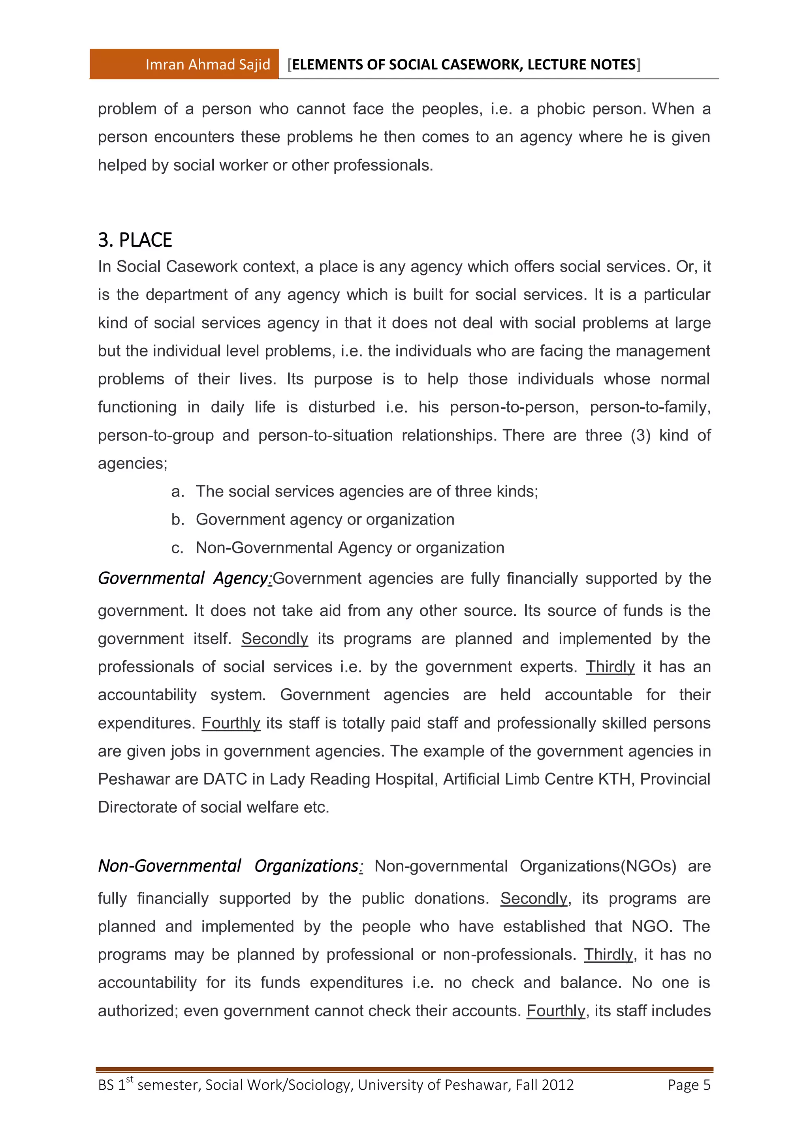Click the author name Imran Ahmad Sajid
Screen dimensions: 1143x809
207,64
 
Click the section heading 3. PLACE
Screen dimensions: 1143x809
135,240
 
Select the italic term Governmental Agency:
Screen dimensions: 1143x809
184,579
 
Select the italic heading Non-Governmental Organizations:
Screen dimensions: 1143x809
230,866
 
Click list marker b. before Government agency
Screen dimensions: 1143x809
177,520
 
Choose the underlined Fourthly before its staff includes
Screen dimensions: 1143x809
555,1011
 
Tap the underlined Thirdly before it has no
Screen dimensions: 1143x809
608,955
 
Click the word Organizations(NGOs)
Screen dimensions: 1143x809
598,867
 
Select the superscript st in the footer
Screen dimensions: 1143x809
130,1079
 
